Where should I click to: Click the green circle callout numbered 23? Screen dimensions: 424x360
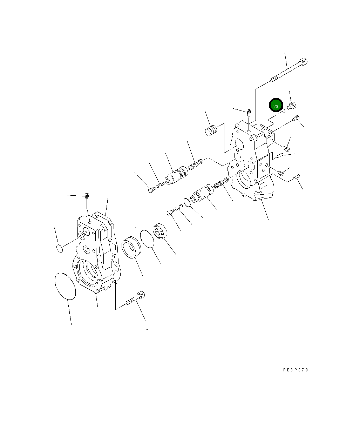click(276, 106)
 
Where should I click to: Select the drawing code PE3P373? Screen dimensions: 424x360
click(296, 370)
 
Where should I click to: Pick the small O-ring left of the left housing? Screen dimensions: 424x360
click(60, 248)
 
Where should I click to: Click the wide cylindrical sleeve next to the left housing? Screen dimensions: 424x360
click(131, 248)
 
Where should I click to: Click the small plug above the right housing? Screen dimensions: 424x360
click(249, 113)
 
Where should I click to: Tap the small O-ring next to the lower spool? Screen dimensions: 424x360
click(187, 202)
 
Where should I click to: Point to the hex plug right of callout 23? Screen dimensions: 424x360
click(292, 105)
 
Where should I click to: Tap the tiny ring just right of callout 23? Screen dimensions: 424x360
click(283, 112)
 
